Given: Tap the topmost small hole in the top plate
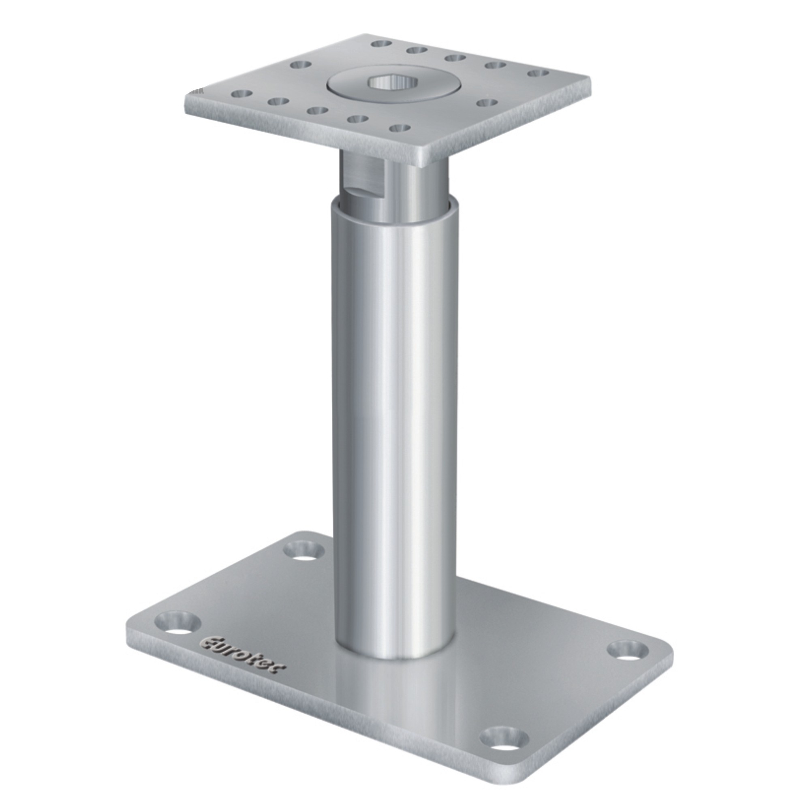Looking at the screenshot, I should [381, 43].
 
